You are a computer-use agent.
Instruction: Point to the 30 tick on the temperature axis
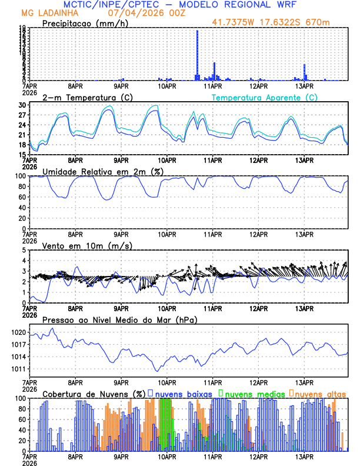[x=22, y=105]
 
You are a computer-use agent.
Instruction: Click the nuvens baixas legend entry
[x=184, y=393]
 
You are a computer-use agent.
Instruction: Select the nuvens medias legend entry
[x=253, y=393]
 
